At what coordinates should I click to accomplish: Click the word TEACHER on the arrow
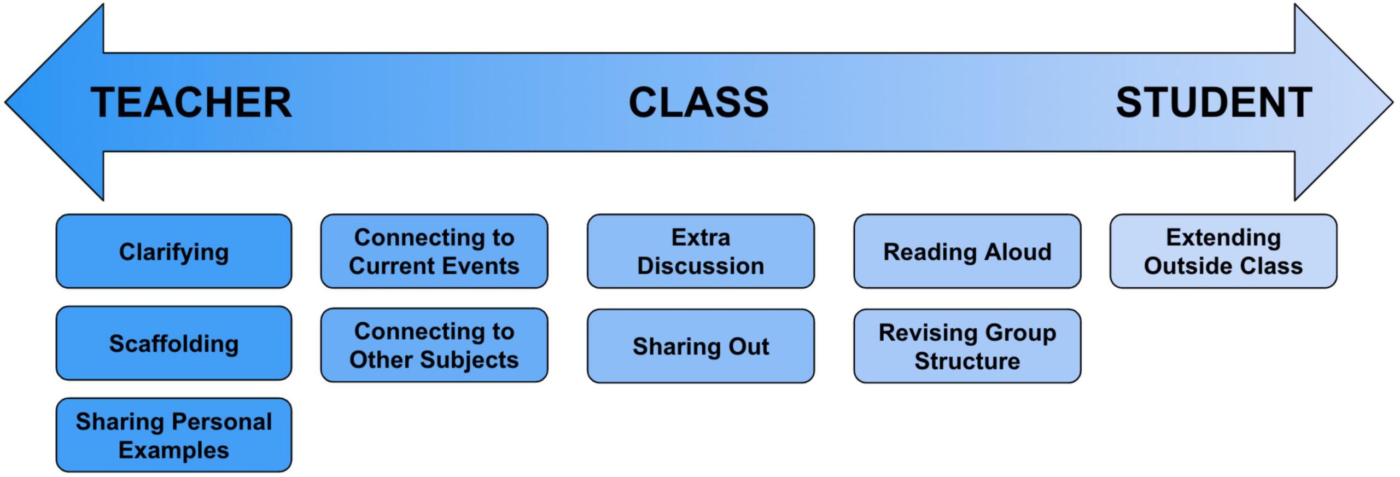[x=191, y=103]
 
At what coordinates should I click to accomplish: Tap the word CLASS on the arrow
[x=698, y=103]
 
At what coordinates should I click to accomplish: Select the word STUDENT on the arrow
[x=1214, y=103]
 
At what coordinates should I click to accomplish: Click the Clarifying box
[x=174, y=252]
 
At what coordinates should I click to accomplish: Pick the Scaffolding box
[x=174, y=344]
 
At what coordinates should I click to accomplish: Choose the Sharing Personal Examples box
[x=174, y=435]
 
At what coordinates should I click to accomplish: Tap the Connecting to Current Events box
[x=434, y=252]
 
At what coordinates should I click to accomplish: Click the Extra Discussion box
[x=701, y=252]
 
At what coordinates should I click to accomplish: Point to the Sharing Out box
[x=701, y=346]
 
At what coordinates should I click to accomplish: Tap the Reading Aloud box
[x=967, y=252]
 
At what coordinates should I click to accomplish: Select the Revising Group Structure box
[x=967, y=346]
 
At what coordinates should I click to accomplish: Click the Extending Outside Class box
[x=1223, y=252]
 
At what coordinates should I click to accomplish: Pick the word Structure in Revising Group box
[x=967, y=362]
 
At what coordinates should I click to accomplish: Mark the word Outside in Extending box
[x=1180, y=266]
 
